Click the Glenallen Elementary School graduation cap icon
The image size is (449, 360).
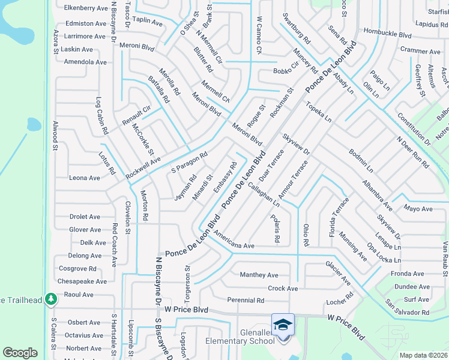pos(283,325)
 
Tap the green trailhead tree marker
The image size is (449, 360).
pos(52,298)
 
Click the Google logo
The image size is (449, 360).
pos(20,353)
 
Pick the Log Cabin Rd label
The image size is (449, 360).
pos(102,116)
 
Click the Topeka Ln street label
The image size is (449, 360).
pos(319,112)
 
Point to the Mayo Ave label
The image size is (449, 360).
pos(418,209)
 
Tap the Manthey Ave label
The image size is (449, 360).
pos(259,275)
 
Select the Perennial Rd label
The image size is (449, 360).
pos(246,300)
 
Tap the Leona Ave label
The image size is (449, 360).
pos(85,178)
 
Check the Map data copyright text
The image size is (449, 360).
pos(423,355)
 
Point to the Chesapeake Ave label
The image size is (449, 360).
pos(82,281)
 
